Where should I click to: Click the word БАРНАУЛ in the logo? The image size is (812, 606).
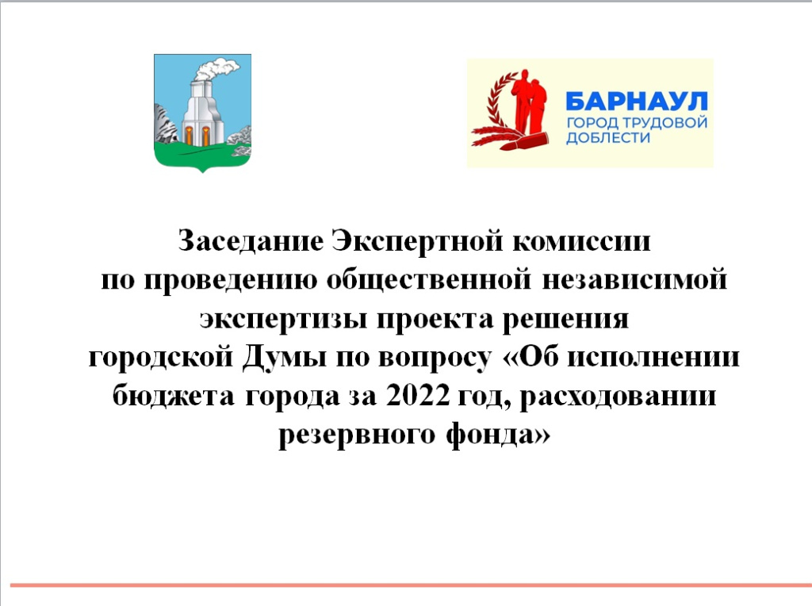[x=635, y=102]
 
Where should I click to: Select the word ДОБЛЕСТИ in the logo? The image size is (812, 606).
[x=607, y=138]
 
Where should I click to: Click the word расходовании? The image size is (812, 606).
[x=626, y=396]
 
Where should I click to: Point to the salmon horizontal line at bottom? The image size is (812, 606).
[x=406, y=585]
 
